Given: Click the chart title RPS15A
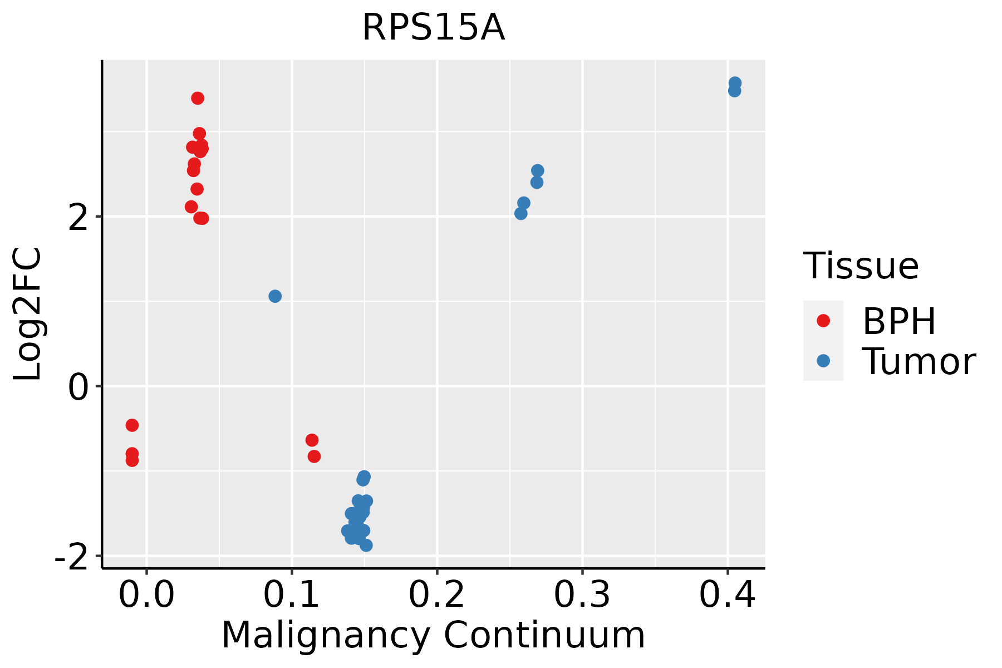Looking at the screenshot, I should (x=434, y=28).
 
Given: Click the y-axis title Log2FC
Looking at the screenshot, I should (x=28, y=315).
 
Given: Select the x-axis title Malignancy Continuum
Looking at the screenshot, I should (x=433, y=635).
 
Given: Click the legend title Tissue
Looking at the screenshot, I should (x=861, y=266).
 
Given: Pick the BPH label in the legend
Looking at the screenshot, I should (x=899, y=321).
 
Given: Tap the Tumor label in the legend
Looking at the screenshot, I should (x=918, y=362).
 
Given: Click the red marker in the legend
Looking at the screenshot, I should (x=823, y=321).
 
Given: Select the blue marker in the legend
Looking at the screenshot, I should (x=823, y=361).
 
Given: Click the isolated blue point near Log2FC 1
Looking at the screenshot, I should (x=275, y=296).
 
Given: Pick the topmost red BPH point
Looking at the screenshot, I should (x=198, y=99).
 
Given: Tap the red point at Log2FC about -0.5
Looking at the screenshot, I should (x=132, y=425).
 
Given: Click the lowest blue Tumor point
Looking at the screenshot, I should (x=366, y=546).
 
